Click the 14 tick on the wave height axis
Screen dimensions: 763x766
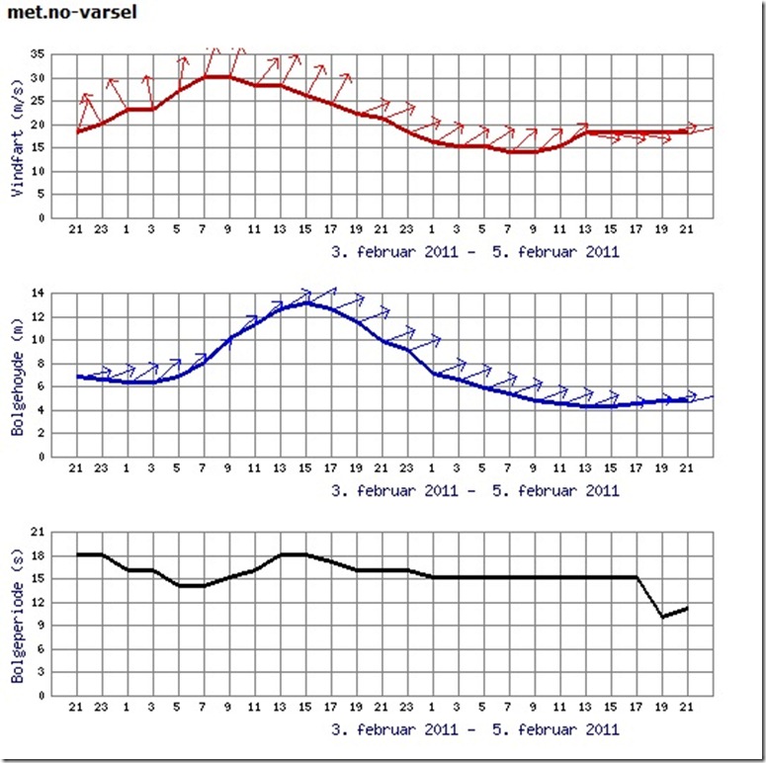pyautogui.click(x=39, y=294)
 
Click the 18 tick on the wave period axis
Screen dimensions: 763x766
pyautogui.click(x=39, y=556)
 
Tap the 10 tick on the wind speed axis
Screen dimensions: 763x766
pyautogui.click(x=39, y=171)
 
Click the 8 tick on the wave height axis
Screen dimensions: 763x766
pyautogui.click(x=41, y=364)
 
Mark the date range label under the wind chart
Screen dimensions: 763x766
pyautogui.click(x=476, y=251)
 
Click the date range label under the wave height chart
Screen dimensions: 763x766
pyautogui.click(x=476, y=490)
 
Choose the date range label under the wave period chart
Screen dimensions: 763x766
pyautogui.click(x=476, y=729)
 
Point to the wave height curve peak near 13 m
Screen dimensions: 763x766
pyautogui.click(x=307, y=302)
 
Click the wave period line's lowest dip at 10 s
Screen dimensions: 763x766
pyautogui.click(x=662, y=617)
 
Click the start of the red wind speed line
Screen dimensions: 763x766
pyautogui.click(x=77, y=131)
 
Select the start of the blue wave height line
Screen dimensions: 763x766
pyautogui.click(x=77, y=377)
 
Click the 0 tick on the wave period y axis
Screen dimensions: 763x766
pyautogui.click(x=41, y=695)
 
